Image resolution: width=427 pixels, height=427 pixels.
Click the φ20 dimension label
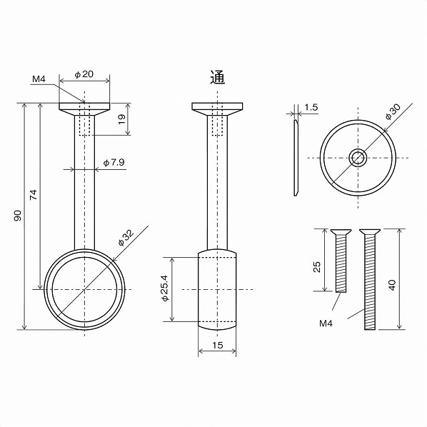click(84, 74)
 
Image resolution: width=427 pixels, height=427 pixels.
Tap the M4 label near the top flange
click(39, 80)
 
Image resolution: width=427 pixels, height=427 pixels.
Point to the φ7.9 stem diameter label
click(114, 163)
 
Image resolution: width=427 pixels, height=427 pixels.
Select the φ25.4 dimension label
click(165, 288)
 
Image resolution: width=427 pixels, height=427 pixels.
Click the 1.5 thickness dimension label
click(311, 107)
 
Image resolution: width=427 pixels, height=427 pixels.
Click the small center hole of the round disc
click(358, 158)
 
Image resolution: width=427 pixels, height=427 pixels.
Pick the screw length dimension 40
click(391, 285)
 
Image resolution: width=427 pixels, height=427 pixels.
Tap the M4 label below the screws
click(326, 323)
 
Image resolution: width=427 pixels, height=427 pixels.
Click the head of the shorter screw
click(341, 232)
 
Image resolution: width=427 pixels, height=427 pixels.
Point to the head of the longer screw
click(369, 232)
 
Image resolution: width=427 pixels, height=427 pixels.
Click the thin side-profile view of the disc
click(296, 157)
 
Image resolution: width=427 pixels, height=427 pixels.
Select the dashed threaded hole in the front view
click(84, 122)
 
